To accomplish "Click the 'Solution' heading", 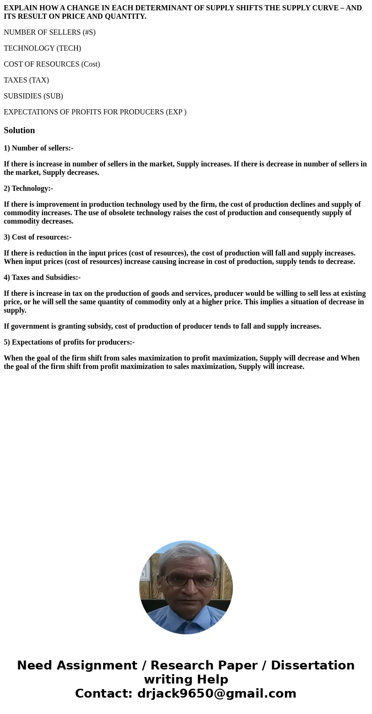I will [19, 130].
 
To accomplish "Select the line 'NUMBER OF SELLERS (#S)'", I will [50, 32].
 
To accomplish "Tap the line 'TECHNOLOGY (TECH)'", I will [43, 48].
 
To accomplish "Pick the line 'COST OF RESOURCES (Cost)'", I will [52, 64].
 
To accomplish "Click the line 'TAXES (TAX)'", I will [26, 80].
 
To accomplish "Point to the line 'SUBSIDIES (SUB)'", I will [33, 96].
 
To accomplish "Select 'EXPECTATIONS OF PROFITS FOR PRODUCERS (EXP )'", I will [95, 112].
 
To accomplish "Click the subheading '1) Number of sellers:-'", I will [38, 148].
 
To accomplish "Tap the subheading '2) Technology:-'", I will [28, 188].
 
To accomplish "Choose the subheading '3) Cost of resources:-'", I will [37, 237].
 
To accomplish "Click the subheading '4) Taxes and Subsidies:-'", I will [42, 278].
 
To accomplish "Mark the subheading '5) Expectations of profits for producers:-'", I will [69, 342].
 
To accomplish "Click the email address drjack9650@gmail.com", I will [216, 694].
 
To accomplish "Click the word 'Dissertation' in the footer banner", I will [312, 666].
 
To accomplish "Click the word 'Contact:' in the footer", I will [104, 694].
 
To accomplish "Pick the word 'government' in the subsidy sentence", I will [30, 326].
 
